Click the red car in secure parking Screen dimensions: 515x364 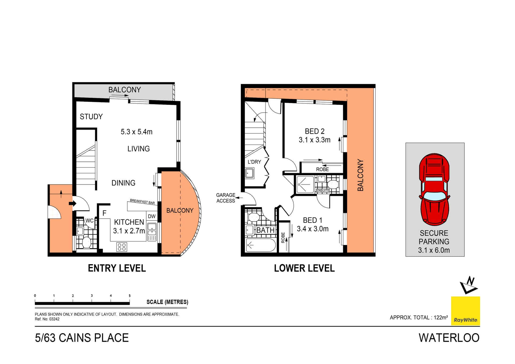click(434, 189)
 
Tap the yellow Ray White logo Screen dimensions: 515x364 click(465, 311)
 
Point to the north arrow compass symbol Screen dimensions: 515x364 click(469, 285)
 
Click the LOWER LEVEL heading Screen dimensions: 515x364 click(304, 268)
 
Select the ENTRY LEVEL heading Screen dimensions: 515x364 click(117, 268)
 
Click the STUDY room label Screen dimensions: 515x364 click(91, 117)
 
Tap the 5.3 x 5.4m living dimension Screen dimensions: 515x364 click(137, 132)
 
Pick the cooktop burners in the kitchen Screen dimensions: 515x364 click(122, 247)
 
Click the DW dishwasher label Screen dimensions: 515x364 click(152, 216)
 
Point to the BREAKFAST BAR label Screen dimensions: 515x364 click(142, 201)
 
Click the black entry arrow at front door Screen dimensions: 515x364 click(72, 203)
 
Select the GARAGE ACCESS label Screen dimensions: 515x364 click(226, 198)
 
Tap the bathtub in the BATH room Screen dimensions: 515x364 click(261, 245)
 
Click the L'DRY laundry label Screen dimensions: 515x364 click(254, 162)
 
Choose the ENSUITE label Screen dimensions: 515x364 click(323, 190)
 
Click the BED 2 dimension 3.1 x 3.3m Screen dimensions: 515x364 click(315, 140)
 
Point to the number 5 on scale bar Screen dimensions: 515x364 click(130, 296)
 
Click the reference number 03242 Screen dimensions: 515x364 click(54, 319)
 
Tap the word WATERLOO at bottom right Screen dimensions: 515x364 click(449, 338)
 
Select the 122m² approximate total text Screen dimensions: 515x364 click(441, 317)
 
